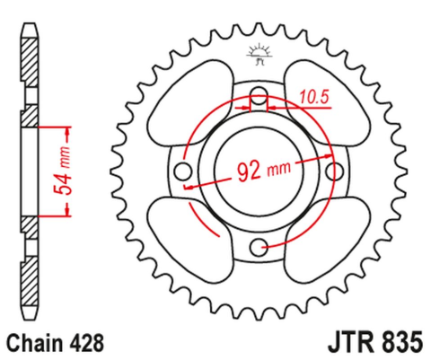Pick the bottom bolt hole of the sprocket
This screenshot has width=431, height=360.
coord(259,247)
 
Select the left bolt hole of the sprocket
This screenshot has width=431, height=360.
coord(184,171)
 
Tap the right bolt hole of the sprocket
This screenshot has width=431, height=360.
coord(335,171)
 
